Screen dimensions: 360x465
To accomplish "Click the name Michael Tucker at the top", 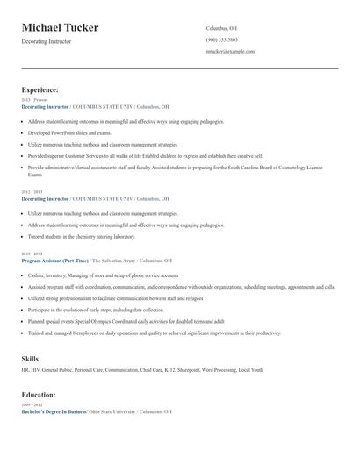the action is coord(60,28).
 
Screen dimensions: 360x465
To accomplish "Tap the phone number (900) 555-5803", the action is coord(221,39).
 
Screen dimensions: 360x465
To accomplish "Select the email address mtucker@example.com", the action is coord(230,52).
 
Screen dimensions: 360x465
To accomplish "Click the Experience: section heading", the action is coord(40,89).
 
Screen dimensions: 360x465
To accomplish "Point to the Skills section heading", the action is coord(30,359).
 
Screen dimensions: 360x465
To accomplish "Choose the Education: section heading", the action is coord(39,395).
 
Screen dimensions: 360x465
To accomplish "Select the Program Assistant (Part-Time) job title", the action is coord(55,261).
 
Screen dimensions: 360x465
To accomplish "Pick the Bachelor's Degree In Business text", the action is coord(54,411).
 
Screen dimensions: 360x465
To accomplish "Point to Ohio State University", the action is coord(113,411).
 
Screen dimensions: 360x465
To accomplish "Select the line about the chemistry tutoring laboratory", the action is coord(82,236).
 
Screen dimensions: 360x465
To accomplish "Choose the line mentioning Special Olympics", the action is coord(126,321).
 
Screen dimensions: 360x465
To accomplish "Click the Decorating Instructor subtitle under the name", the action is coord(47,41).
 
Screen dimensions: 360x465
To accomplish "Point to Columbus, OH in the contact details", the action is coord(221,27).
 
